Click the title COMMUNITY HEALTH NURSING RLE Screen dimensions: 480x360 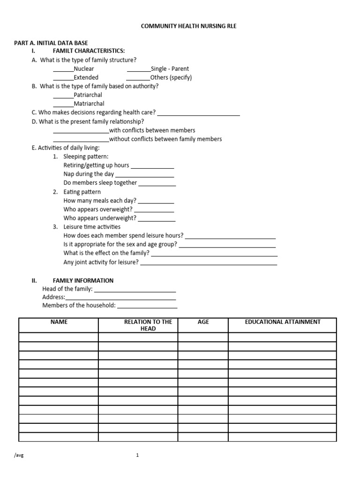click(189, 26)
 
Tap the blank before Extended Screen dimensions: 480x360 click(63, 79)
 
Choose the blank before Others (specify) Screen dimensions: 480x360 click(138, 79)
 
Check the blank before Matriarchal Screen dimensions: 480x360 click(63, 105)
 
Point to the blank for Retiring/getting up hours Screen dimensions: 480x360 click(152, 167)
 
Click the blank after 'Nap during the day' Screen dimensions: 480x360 click(145, 176)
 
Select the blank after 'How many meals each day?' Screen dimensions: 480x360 click(156, 202)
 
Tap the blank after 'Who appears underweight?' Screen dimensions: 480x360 click(157, 220)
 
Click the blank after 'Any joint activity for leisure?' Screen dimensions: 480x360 click(209, 264)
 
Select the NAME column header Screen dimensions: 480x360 click(59, 322)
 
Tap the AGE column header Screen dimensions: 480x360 click(203, 322)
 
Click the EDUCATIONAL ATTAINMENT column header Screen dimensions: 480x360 click(282, 322)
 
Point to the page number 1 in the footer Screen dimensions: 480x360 click(137, 455)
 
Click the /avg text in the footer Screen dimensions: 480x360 click(19, 455)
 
